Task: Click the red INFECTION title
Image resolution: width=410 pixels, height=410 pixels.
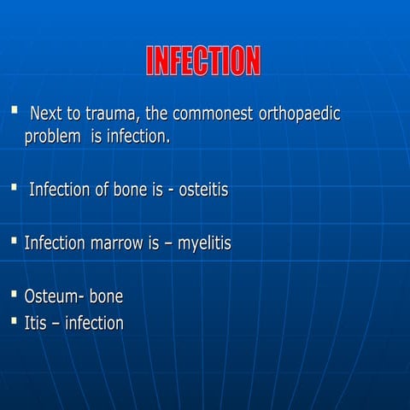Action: (203, 61)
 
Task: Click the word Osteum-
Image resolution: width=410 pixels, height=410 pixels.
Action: (54, 297)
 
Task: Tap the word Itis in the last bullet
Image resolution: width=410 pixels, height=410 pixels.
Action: (36, 324)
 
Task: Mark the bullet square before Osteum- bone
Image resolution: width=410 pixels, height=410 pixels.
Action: (14, 295)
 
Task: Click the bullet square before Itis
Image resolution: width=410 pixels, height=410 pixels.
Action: (14, 321)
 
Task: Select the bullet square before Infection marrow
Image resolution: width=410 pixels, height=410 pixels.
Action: (14, 241)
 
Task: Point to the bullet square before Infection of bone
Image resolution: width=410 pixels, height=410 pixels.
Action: (14, 187)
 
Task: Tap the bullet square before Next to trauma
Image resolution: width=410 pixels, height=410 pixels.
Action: (14, 111)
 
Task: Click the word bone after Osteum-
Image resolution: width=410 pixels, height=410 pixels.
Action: (106, 297)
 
